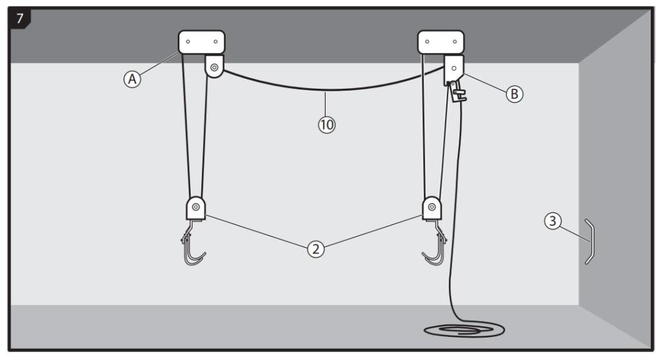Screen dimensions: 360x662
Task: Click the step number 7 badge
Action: [19, 18]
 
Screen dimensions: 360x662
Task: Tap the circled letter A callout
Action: [133, 79]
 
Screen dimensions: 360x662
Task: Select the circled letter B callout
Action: [514, 94]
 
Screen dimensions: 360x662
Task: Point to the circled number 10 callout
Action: [326, 124]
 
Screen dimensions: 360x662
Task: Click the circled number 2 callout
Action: [316, 249]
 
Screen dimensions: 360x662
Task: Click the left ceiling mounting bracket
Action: [201, 42]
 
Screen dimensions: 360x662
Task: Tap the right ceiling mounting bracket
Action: [441, 42]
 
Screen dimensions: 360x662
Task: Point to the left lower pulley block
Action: [196, 208]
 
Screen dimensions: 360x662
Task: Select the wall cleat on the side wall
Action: [589, 241]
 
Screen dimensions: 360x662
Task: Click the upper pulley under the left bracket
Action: [214, 67]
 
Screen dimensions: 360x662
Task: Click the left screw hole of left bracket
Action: [189, 41]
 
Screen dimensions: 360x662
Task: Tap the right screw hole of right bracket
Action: [454, 42]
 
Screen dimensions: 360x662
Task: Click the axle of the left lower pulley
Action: [196, 206]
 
